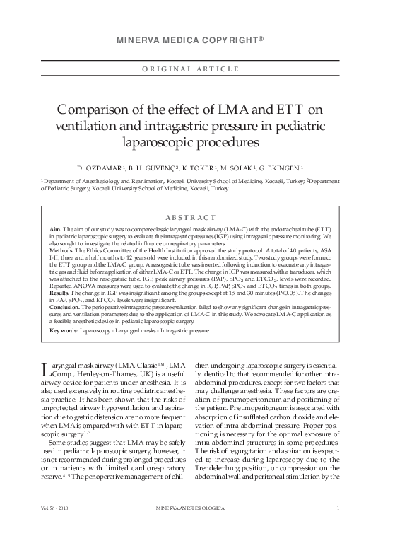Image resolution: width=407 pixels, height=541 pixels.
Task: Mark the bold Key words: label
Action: coord(64,330)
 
